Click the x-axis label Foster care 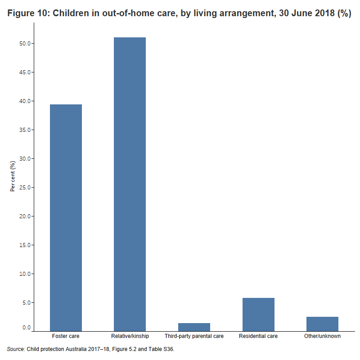point(66,336)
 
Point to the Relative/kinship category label point(130,336)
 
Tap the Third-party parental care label point(194,336)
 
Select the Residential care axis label point(258,336)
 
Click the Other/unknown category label point(322,336)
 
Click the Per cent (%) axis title point(13,175)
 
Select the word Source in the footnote point(16,349)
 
